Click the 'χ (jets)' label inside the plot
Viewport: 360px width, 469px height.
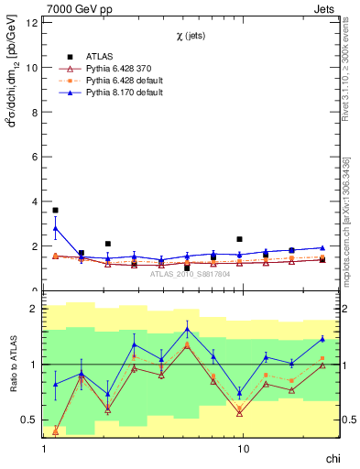(x=191, y=36)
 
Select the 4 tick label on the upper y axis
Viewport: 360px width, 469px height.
(x=34, y=202)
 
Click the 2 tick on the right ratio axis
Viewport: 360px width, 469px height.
(x=348, y=309)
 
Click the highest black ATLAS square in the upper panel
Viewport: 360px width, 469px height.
(x=55, y=211)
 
